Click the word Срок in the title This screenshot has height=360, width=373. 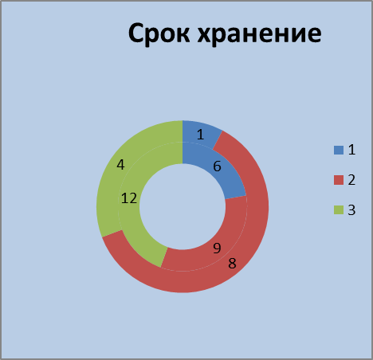coord(159,33)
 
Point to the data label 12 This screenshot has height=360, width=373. coord(129,198)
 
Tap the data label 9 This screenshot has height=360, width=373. coord(217,248)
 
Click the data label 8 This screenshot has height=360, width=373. coord(232,264)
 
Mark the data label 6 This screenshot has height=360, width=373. coord(217,166)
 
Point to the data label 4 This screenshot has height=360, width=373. coord(120,165)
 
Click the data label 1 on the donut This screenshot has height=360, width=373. coord(201,135)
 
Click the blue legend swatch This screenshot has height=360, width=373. coord(339,150)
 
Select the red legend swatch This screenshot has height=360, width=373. coord(339,180)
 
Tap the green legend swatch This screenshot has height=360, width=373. coord(339,210)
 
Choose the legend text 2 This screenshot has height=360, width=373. coord(351,180)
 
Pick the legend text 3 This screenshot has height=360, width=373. coord(351,210)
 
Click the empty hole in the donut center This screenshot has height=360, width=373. coord(183,206)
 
